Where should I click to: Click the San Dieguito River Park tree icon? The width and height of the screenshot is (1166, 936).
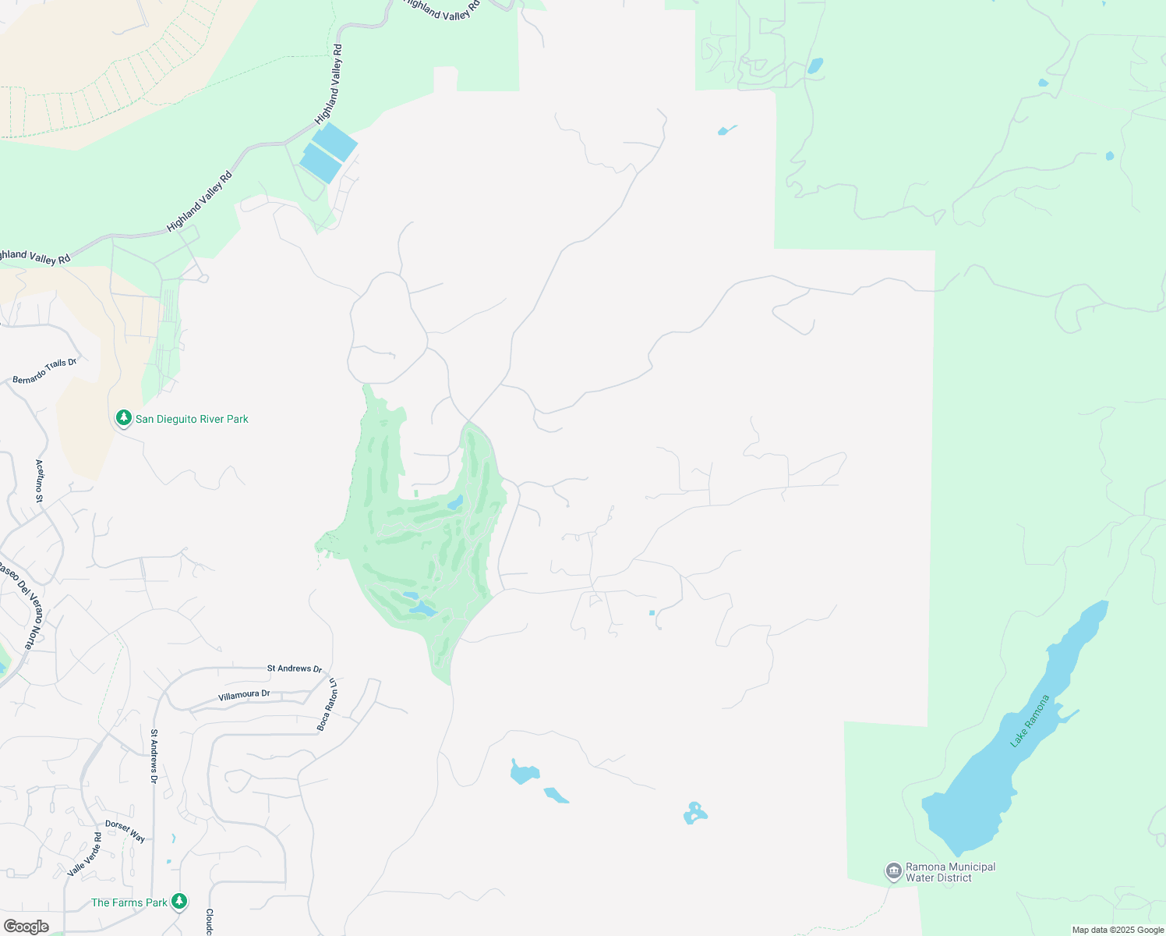pyautogui.click(x=123, y=418)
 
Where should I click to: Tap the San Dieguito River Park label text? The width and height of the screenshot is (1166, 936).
pyautogui.click(x=192, y=419)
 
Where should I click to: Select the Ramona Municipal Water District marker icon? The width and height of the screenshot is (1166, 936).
pyautogui.click(x=893, y=870)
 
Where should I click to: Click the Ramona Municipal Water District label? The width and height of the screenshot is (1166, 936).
pyautogui.click(x=950, y=872)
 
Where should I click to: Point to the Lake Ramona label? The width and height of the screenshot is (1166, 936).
pyautogui.click(x=1030, y=721)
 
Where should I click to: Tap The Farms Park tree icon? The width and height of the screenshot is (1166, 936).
pyautogui.click(x=179, y=902)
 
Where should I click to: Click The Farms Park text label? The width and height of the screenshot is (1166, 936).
pyautogui.click(x=129, y=902)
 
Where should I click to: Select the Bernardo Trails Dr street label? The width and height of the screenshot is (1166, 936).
pyautogui.click(x=45, y=371)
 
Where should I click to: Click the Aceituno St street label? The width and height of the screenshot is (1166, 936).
pyautogui.click(x=40, y=475)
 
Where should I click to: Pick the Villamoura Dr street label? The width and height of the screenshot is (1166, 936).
pyautogui.click(x=244, y=694)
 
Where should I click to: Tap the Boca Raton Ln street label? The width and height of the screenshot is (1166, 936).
pyautogui.click(x=328, y=704)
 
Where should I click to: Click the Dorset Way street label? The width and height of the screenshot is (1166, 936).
pyautogui.click(x=125, y=831)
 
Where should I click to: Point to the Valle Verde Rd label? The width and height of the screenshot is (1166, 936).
pyautogui.click(x=85, y=854)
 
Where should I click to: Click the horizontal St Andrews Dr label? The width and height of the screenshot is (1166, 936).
pyautogui.click(x=295, y=668)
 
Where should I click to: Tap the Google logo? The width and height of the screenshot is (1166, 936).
pyautogui.click(x=26, y=926)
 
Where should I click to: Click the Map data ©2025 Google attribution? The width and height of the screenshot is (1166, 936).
pyautogui.click(x=1118, y=930)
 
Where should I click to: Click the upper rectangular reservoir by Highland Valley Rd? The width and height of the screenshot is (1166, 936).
pyautogui.click(x=335, y=141)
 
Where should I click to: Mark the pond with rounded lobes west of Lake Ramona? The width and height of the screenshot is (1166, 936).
pyautogui.click(x=694, y=814)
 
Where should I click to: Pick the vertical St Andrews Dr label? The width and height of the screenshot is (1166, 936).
pyautogui.click(x=154, y=756)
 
